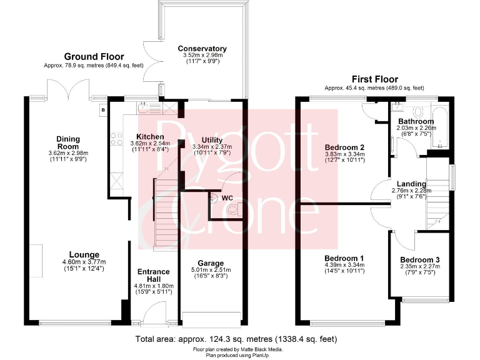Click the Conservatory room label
202,49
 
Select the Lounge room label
84,254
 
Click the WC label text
227,197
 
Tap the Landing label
412,184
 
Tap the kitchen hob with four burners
116,141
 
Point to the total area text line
236,339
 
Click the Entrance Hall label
153,276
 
